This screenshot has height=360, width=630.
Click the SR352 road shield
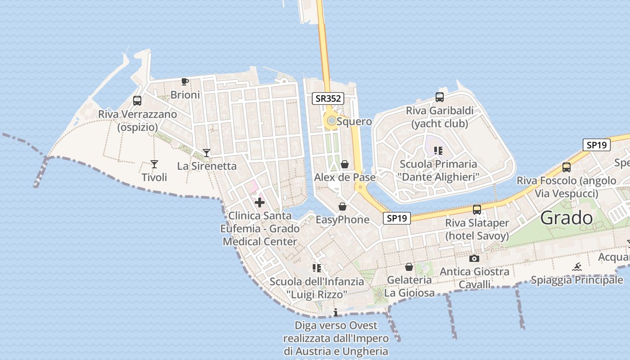[x=328, y=99]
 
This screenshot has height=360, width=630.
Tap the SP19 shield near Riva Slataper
[x=397, y=218]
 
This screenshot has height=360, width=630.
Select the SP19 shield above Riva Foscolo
[x=596, y=145]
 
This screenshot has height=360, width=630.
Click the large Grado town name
[x=567, y=218]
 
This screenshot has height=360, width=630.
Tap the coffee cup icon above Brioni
[x=184, y=81]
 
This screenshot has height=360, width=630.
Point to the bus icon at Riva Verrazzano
[x=137, y=101]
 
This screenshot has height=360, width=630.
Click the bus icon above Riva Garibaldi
[x=440, y=97]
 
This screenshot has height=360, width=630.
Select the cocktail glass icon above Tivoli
[x=154, y=164]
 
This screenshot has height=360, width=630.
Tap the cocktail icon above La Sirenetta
[x=207, y=153]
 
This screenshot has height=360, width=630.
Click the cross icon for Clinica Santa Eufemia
[x=260, y=202]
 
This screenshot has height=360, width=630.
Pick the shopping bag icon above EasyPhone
[x=342, y=207]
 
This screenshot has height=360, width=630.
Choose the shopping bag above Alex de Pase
[x=345, y=164]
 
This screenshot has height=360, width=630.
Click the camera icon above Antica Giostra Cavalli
[x=474, y=258]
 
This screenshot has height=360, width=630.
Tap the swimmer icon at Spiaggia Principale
[x=577, y=267]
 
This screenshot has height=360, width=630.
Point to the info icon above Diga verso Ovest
[x=336, y=312]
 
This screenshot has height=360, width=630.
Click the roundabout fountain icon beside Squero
[x=332, y=121]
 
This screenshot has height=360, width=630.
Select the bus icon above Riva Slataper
[x=477, y=209]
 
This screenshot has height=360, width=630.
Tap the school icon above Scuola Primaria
[x=438, y=151]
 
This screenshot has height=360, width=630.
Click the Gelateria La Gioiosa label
[x=409, y=286]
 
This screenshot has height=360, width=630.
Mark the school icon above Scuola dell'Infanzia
[x=316, y=268]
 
